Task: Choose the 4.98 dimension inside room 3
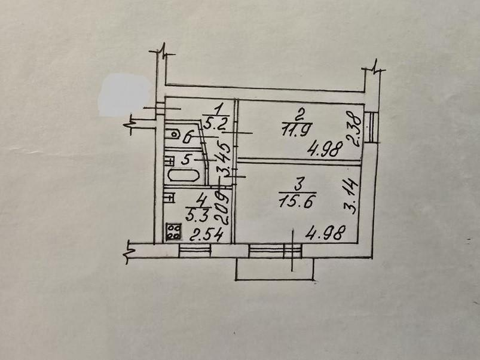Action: (325, 233)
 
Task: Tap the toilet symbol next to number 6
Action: (174, 133)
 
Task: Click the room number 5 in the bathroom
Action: (185, 160)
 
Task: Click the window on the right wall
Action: (372, 127)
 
